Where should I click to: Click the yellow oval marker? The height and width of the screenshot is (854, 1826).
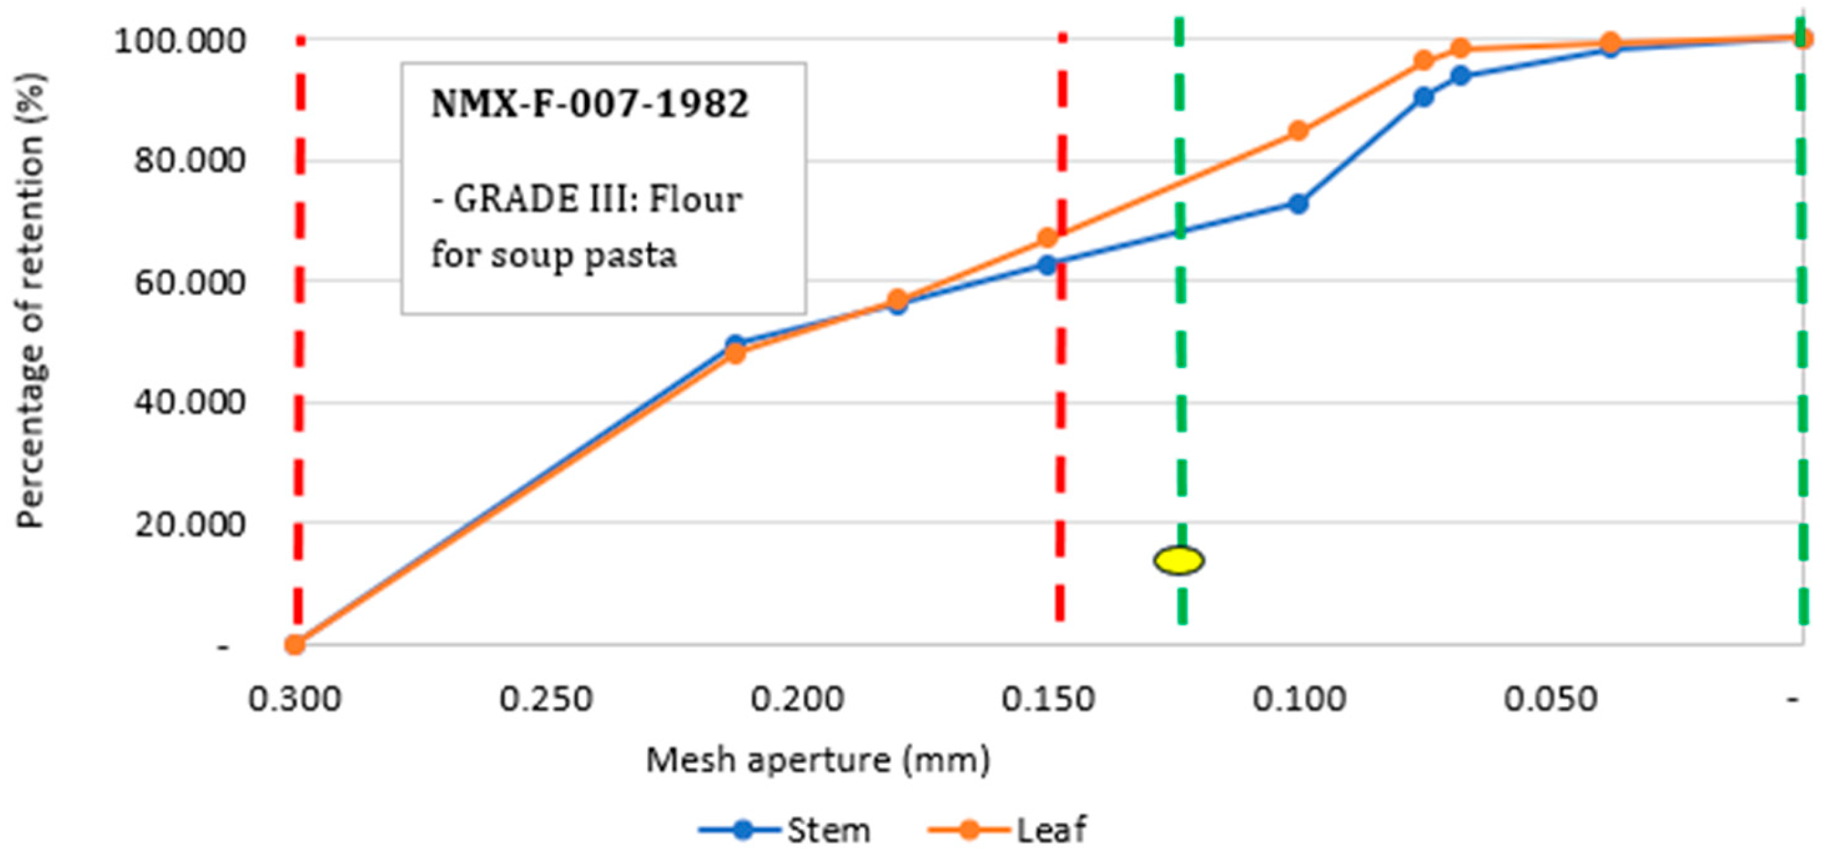[x=1178, y=560]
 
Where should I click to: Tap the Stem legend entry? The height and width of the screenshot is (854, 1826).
[x=786, y=829]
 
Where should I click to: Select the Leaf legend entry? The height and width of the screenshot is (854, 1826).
[x=1008, y=829]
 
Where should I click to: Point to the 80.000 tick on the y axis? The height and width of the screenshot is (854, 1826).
[x=189, y=160]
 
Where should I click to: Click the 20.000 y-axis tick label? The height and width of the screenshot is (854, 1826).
[x=189, y=524]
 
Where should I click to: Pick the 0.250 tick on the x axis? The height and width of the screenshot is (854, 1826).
[x=545, y=700]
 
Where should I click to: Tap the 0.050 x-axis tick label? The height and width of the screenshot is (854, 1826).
[x=1550, y=700]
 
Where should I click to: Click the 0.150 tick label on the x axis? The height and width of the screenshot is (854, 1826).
[x=1048, y=700]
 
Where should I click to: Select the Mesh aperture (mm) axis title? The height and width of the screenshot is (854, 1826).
[x=818, y=761]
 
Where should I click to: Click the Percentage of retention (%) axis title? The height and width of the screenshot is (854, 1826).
[x=30, y=300]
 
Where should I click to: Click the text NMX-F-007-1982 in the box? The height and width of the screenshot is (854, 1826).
[x=589, y=104]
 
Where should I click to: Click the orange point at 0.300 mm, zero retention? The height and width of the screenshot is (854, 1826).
[x=295, y=644]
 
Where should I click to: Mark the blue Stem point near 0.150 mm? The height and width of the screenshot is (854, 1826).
[x=1047, y=265]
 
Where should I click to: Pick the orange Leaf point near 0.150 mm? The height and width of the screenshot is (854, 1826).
[x=1047, y=237]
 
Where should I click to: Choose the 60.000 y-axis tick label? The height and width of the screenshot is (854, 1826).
[x=189, y=282]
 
